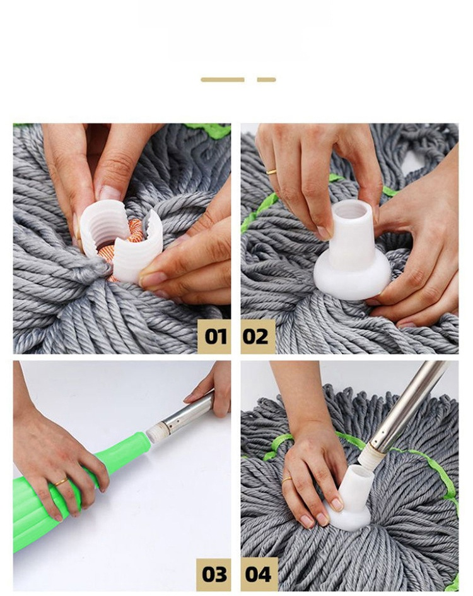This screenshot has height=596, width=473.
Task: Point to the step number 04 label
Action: click(x=258, y=574)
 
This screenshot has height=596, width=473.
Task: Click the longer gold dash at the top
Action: click(x=223, y=80)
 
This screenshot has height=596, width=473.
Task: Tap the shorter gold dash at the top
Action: click(x=266, y=80)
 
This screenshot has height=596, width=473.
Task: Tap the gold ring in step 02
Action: click(x=271, y=171)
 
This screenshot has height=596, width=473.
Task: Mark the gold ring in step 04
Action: click(x=287, y=480)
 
